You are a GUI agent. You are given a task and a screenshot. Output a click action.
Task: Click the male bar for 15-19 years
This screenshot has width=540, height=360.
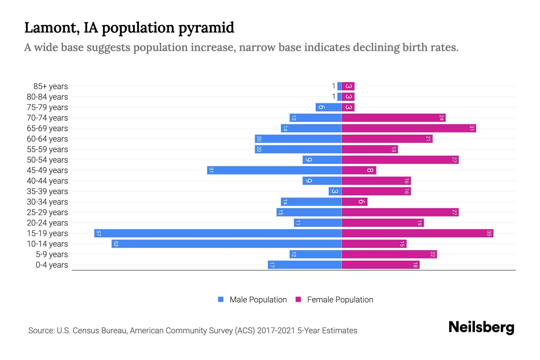(x=218, y=233)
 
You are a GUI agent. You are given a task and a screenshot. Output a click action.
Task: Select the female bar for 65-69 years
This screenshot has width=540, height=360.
(x=409, y=128)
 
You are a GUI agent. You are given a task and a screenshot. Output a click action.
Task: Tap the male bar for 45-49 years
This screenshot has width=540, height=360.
(x=274, y=170)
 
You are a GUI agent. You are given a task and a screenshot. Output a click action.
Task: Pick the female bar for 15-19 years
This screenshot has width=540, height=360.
(x=417, y=233)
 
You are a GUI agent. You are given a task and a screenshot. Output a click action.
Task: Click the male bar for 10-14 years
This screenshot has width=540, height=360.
(x=226, y=244)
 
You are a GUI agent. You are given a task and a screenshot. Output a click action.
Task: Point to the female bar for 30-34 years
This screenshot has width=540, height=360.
(x=354, y=202)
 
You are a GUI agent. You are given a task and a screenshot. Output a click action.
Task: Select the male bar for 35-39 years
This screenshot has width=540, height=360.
(x=335, y=191)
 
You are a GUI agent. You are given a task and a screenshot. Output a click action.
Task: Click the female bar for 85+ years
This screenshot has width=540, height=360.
(x=348, y=86)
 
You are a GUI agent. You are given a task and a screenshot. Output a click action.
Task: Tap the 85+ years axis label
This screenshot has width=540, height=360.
(x=51, y=86)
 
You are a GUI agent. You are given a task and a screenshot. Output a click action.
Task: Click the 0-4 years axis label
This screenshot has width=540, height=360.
(x=52, y=265)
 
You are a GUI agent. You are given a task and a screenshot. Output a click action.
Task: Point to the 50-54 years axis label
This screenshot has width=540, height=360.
(x=47, y=160)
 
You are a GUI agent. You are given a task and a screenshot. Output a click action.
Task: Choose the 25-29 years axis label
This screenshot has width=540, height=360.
(x=47, y=212)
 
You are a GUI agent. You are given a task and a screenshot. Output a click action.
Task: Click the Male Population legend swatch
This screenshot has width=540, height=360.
(x=221, y=299)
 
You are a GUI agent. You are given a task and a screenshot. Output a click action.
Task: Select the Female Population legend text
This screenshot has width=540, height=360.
(x=340, y=300)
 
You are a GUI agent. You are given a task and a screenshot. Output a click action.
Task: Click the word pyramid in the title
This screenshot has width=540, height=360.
(x=206, y=28)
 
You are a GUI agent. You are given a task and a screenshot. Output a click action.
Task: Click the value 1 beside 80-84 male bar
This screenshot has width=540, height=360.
(x=334, y=97)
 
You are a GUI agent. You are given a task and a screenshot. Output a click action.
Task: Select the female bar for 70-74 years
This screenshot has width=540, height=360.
(x=393, y=118)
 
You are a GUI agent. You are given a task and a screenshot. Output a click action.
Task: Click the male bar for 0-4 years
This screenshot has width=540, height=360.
(x=304, y=265)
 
